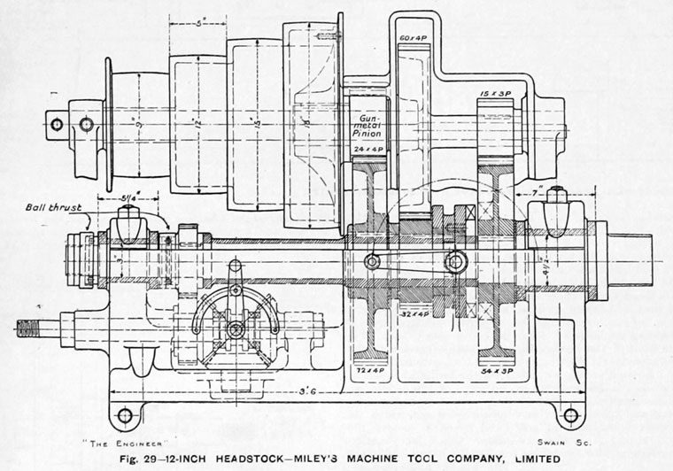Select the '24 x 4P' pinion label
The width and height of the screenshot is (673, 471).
coord(366,151)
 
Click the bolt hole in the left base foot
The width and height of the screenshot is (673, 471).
coord(125,414)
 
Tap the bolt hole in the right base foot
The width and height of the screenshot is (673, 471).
coord(570,414)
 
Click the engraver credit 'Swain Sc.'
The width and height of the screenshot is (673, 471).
coord(557,441)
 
